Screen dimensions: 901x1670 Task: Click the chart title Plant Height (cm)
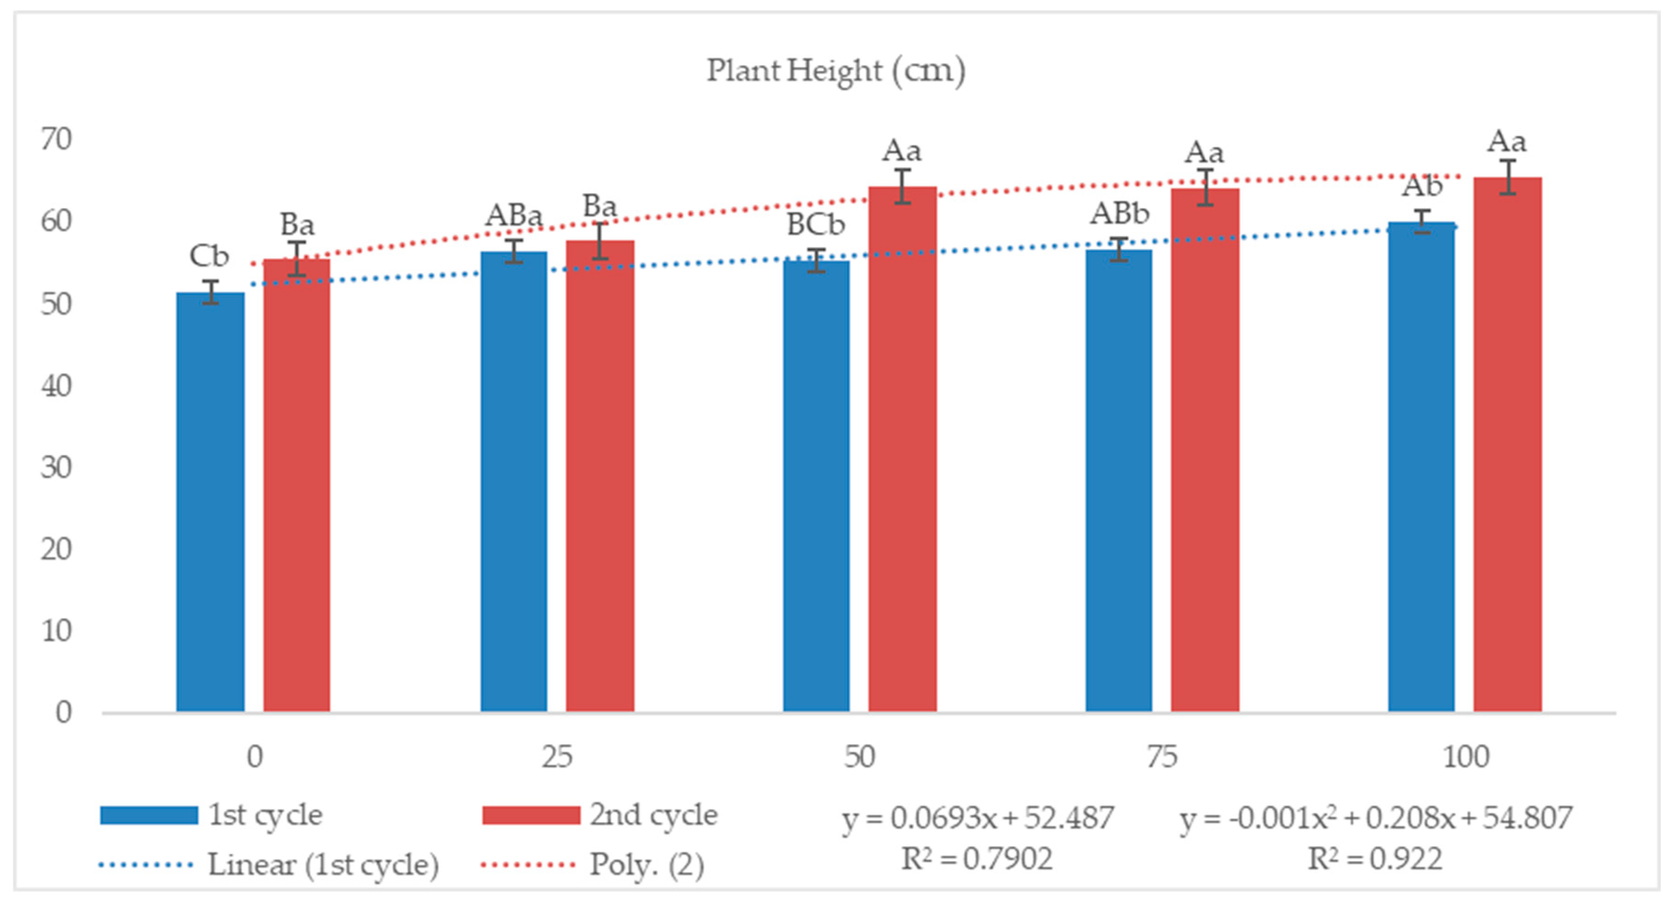click(x=836, y=70)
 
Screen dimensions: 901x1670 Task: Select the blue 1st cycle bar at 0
click(x=210, y=502)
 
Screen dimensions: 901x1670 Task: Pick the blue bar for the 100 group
click(x=1421, y=467)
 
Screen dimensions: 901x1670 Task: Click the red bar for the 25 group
click(x=600, y=477)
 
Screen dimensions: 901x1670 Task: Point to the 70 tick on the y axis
click(x=56, y=139)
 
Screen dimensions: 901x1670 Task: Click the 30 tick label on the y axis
click(x=56, y=467)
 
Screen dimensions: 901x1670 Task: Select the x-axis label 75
click(x=1162, y=757)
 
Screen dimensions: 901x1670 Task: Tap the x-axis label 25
click(x=557, y=757)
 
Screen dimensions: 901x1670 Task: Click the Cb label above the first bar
click(x=209, y=256)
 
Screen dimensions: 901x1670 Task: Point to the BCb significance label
click(x=816, y=225)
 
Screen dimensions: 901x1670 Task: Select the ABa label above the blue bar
click(x=513, y=216)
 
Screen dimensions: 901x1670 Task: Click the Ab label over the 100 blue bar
click(x=1421, y=187)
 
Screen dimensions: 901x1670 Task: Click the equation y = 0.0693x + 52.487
click(x=978, y=818)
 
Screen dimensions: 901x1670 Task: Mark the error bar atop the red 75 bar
click(x=1205, y=187)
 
